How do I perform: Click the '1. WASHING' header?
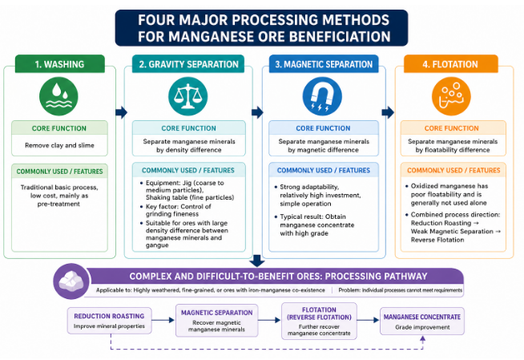pyautogui.click(x=59, y=63)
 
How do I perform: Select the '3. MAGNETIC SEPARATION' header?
pyautogui.click(x=322, y=63)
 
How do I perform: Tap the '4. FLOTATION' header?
pyautogui.click(x=453, y=63)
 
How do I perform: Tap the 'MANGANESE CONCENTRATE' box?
pyautogui.click(x=421, y=322)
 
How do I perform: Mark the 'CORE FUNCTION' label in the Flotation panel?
pyautogui.click(x=453, y=128)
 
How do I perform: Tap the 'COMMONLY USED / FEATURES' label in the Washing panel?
pyautogui.click(x=59, y=171)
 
